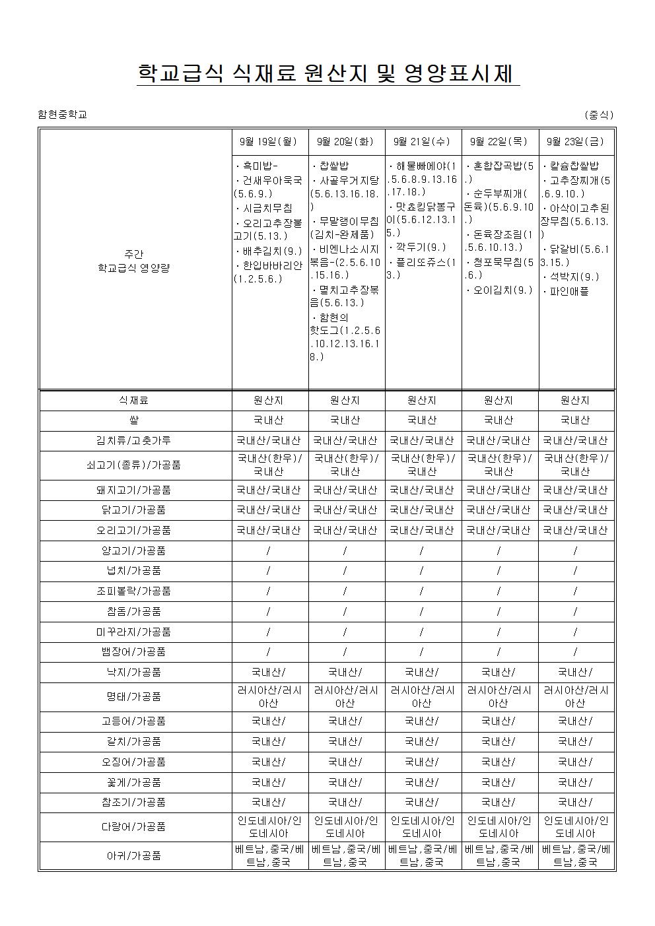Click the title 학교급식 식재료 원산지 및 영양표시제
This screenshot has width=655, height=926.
coord(327,73)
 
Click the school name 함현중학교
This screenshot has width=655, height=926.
coord(63,114)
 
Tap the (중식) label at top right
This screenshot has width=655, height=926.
coord(599,114)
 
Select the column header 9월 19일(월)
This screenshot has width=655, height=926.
coord(269,141)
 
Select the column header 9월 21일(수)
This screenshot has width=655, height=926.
coord(422,141)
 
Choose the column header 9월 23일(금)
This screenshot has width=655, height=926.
coord(575,141)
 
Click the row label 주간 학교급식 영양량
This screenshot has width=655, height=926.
coord(134,261)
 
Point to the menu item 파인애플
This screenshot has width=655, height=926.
coord(569,290)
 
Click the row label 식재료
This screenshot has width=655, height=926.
coord(134,400)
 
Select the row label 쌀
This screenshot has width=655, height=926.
coord(134,420)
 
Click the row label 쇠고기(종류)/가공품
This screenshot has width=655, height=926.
coord(134,465)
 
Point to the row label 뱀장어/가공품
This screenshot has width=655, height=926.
coord(134,652)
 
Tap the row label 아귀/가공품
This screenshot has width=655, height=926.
coord(134,855)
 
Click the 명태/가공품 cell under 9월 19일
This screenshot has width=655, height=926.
coord(269,696)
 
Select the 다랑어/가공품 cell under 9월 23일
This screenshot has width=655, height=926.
coord(575,826)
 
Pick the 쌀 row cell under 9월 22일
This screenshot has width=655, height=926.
coord(499,420)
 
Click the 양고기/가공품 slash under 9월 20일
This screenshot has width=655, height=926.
coord(345,550)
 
